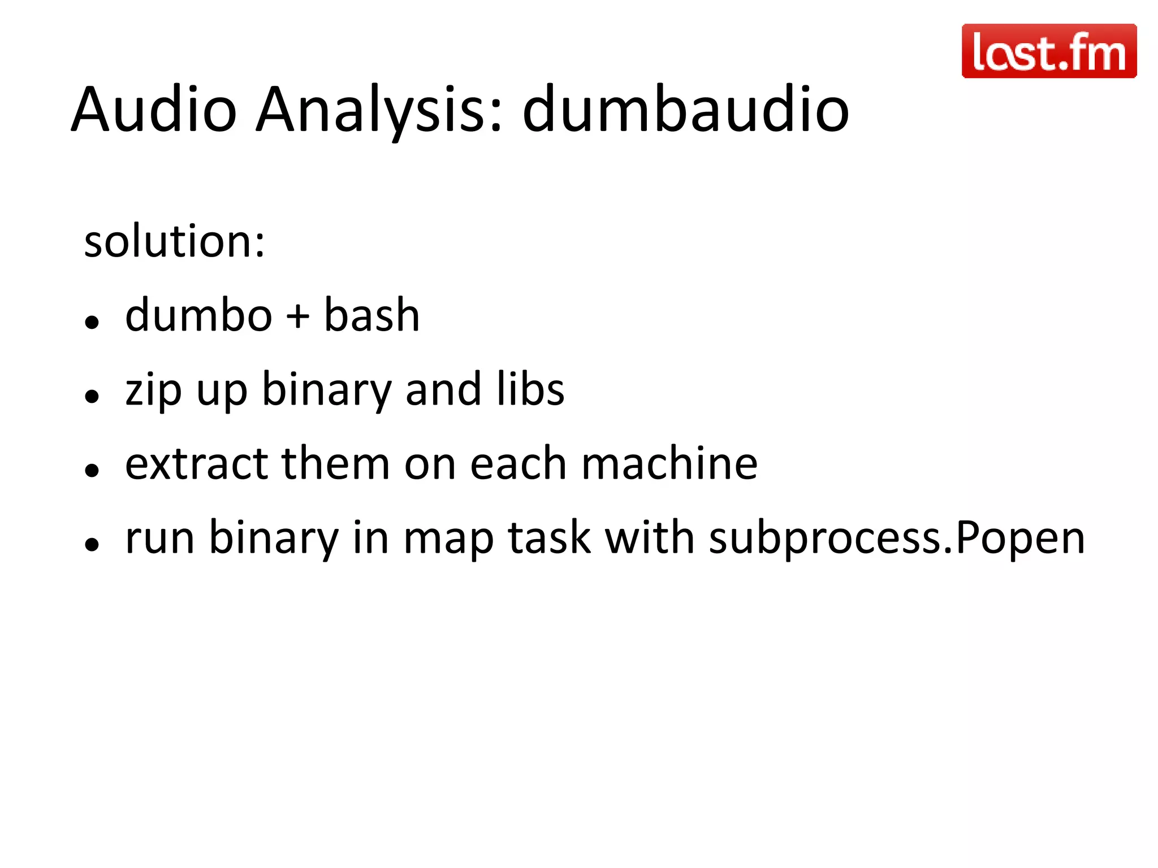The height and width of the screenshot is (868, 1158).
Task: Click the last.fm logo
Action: click(x=1049, y=51)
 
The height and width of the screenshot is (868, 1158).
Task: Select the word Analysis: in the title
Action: click(x=379, y=110)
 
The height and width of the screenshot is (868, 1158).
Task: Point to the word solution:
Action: click(x=174, y=241)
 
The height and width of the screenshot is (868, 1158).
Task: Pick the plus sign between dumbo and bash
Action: click(x=297, y=317)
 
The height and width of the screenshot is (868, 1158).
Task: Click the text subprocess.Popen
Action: click(x=897, y=539)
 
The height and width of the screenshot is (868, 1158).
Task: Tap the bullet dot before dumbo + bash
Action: click(x=92, y=323)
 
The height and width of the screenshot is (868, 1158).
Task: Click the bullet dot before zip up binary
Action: click(x=92, y=397)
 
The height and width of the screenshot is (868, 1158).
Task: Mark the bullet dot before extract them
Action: click(x=92, y=471)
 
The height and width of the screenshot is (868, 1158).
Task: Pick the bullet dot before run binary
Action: click(x=92, y=545)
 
